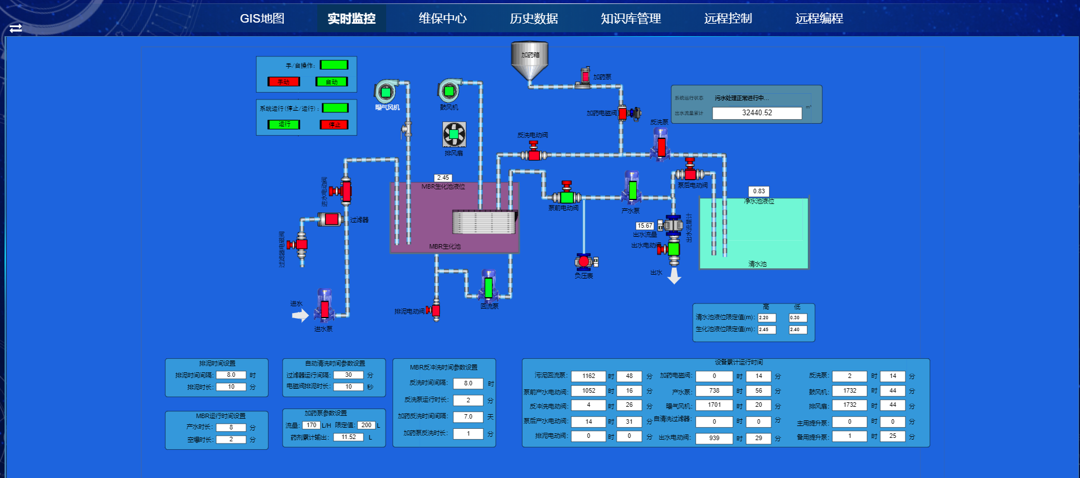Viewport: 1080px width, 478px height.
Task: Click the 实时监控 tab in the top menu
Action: [351, 19]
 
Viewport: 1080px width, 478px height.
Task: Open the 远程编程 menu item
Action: [819, 19]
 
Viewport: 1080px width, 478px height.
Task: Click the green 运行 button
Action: [284, 124]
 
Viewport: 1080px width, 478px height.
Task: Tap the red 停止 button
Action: [334, 124]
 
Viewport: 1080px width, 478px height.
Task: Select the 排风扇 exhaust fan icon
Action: [454, 134]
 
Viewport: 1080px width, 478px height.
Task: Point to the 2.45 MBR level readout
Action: [443, 177]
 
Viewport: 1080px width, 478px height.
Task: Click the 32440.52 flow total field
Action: [757, 113]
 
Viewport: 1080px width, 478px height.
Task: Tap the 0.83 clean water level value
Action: [758, 191]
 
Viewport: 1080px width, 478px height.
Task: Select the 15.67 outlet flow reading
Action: [645, 225]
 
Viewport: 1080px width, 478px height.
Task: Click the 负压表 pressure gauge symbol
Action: [584, 262]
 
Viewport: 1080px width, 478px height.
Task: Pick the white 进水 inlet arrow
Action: [300, 315]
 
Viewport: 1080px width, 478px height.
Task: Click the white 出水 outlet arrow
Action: [674, 276]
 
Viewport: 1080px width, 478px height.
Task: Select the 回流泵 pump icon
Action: [489, 286]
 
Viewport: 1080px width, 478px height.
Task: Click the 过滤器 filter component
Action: [331, 219]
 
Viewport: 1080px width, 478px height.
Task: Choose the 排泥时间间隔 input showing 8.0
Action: [231, 375]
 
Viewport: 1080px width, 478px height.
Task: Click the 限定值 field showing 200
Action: [366, 425]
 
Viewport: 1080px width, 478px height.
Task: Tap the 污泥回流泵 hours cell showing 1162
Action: [589, 376]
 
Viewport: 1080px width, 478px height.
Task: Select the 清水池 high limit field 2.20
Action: [766, 318]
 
